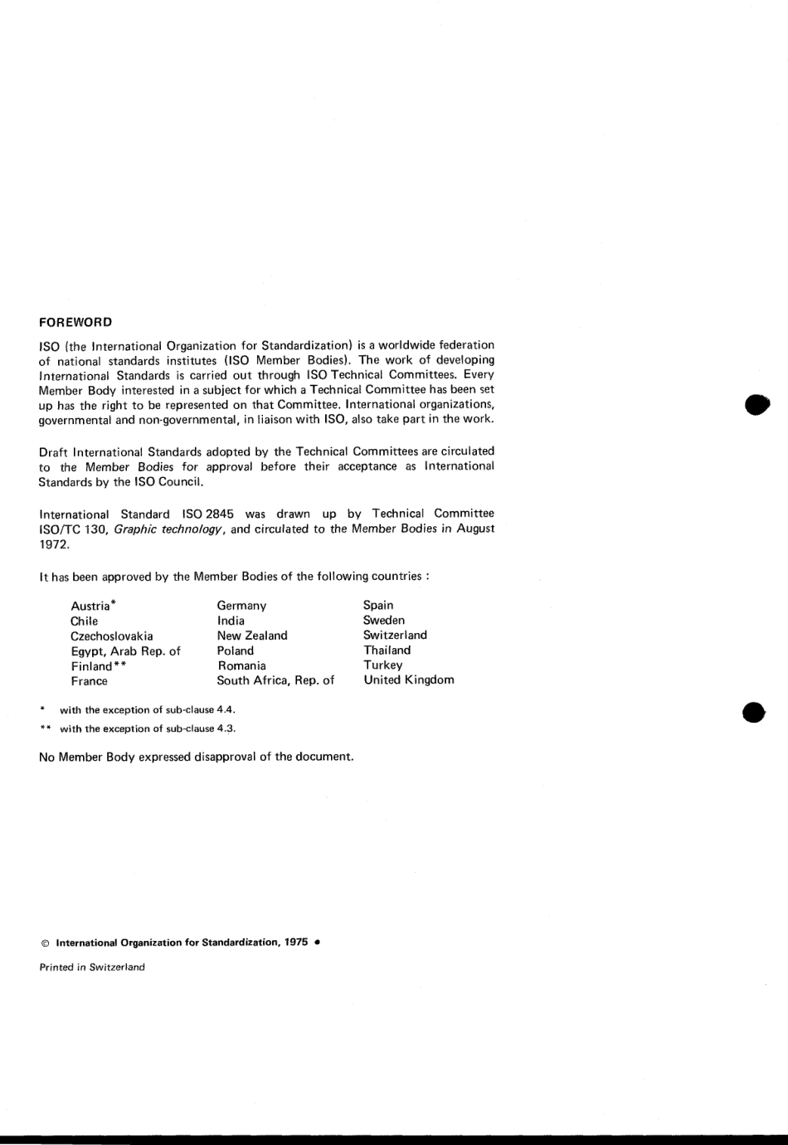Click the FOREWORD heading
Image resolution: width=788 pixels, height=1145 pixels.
pyautogui.click(x=75, y=322)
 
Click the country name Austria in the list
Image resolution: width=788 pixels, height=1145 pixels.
pyautogui.click(x=90, y=606)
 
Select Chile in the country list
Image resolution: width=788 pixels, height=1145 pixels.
pyautogui.click(x=84, y=621)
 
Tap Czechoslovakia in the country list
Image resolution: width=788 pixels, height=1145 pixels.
pyautogui.click(x=111, y=636)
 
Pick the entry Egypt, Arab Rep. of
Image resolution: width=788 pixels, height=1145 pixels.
pyautogui.click(x=125, y=651)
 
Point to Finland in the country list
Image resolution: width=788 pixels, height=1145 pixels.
pyautogui.click(x=91, y=666)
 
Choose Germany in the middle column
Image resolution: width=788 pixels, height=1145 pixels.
pyautogui.click(x=241, y=606)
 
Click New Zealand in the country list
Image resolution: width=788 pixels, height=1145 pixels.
pyautogui.click(x=252, y=636)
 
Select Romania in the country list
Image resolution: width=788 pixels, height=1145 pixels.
pyautogui.click(x=241, y=665)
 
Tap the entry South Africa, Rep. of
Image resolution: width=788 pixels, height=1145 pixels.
pyautogui.click(x=275, y=680)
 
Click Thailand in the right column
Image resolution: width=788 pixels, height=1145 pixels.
pyautogui.click(x=387, y=650)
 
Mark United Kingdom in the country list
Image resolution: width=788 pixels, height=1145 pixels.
pyautogui.click(x=409, y=680)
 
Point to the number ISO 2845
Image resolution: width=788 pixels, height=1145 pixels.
pyautogui.click(x=207, y=514)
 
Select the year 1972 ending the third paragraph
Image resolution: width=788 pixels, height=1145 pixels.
pyautogui.click(x=53, y=544)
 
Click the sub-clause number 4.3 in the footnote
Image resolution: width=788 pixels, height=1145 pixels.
pyautogui.click(x=226, y=729)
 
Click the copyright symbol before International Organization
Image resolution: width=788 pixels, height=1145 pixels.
pyautogui.click(x=45, y=943)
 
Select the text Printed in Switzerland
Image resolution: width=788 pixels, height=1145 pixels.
pyautogui.click(x=92, y=967)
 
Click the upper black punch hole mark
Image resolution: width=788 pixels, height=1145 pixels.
pyautogui.click(x=756, y=404)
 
